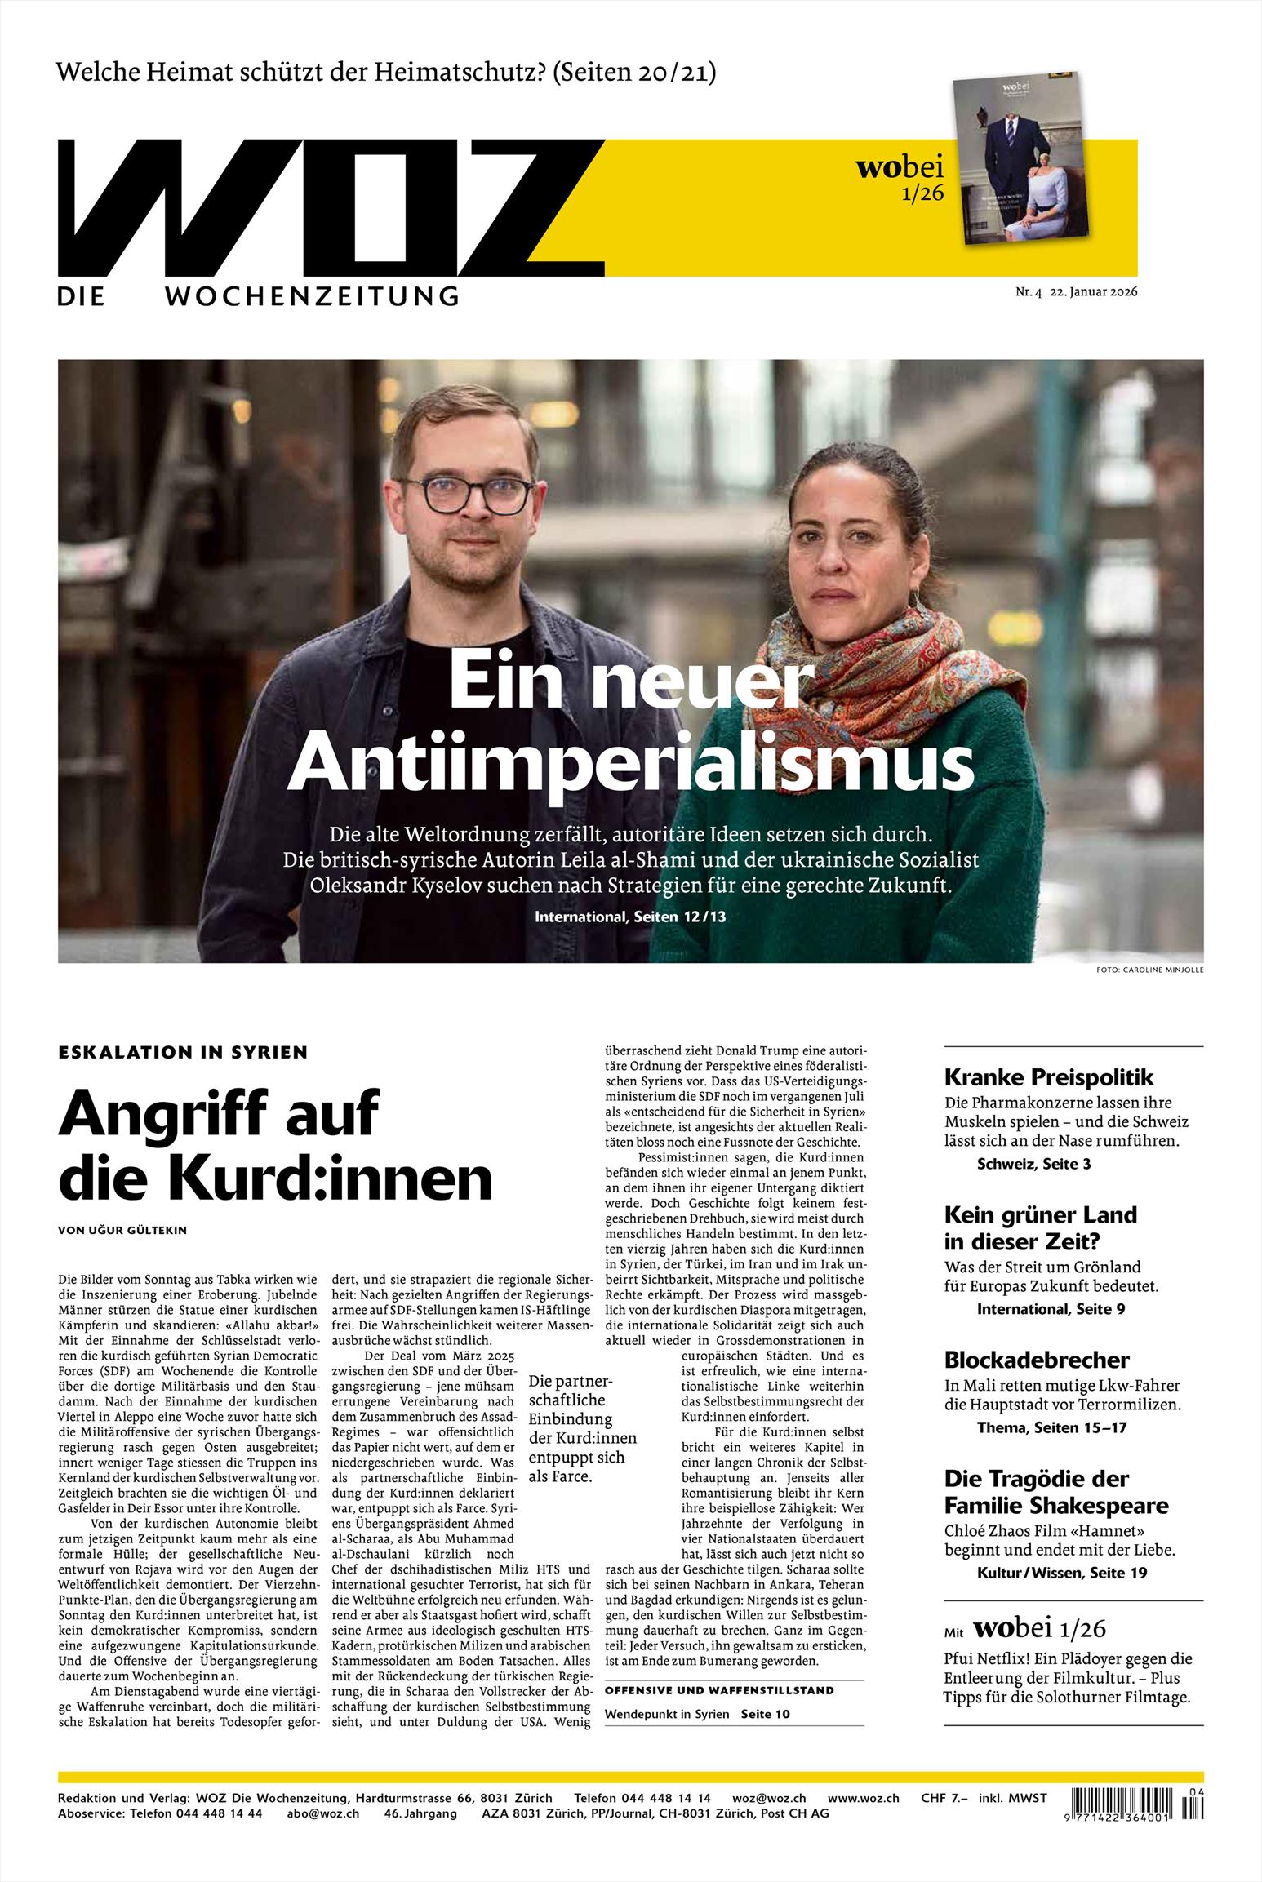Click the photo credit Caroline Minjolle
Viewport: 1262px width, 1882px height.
click(1150, 970)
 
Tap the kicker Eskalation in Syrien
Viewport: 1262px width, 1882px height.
click(183, 1053)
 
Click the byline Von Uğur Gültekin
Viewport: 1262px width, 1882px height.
click(122, 1230)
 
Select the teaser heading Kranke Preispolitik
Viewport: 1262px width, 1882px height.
click(1048, 1077)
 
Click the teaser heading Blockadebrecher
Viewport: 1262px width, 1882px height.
click(1037, 1360)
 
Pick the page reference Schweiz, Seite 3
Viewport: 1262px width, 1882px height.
click(1033, 1164)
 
